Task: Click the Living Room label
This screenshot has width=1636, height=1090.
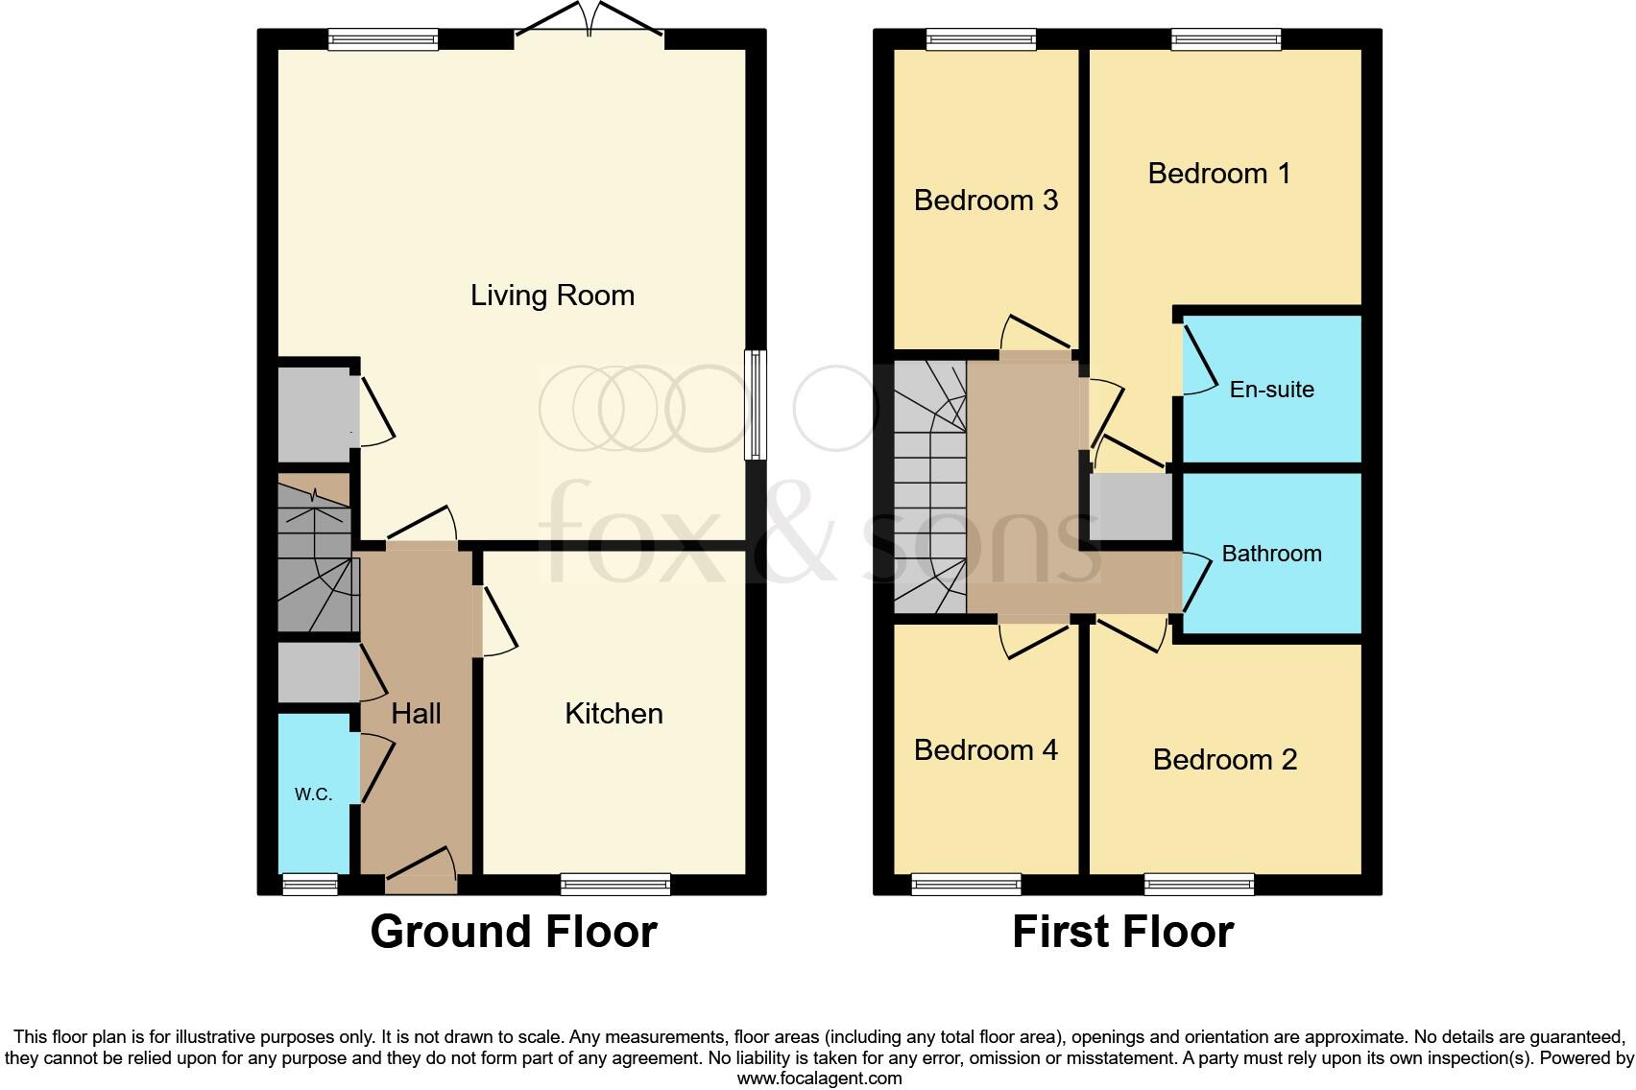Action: click(x=552, y=295)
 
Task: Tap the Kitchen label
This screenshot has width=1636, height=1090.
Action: click(x=613, y=713)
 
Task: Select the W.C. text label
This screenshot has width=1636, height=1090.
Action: click(x=313, y=794)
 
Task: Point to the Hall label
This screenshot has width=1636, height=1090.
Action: click(x=416, y=713)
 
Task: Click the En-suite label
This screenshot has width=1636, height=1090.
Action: click(x=1271, y=389)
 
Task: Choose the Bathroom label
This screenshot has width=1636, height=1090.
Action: click(x=1271, y=554)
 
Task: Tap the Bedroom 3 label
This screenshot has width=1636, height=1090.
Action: click(x=985, y=200)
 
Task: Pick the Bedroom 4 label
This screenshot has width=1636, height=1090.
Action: click(x=985, y=749)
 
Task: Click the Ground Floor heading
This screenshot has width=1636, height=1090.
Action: click(x=513, y=932)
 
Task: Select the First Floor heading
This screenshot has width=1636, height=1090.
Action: click(x=1122, y=932)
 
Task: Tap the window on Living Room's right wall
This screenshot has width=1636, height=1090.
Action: click(x=756, y=404)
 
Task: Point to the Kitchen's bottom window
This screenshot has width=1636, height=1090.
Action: click(x=614, y=884)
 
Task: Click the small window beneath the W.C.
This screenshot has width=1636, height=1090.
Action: click(x=309, y=884)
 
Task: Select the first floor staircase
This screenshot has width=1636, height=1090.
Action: click(x=929, y=487)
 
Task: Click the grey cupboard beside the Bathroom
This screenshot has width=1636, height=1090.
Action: click(x=1130, y=507)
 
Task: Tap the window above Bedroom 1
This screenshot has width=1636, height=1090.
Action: click(x=1226, y=39)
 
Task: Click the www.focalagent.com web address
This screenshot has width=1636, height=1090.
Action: click(x=819, y=1078)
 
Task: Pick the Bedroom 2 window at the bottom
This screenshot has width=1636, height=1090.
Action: click(x=1199, y=884)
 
